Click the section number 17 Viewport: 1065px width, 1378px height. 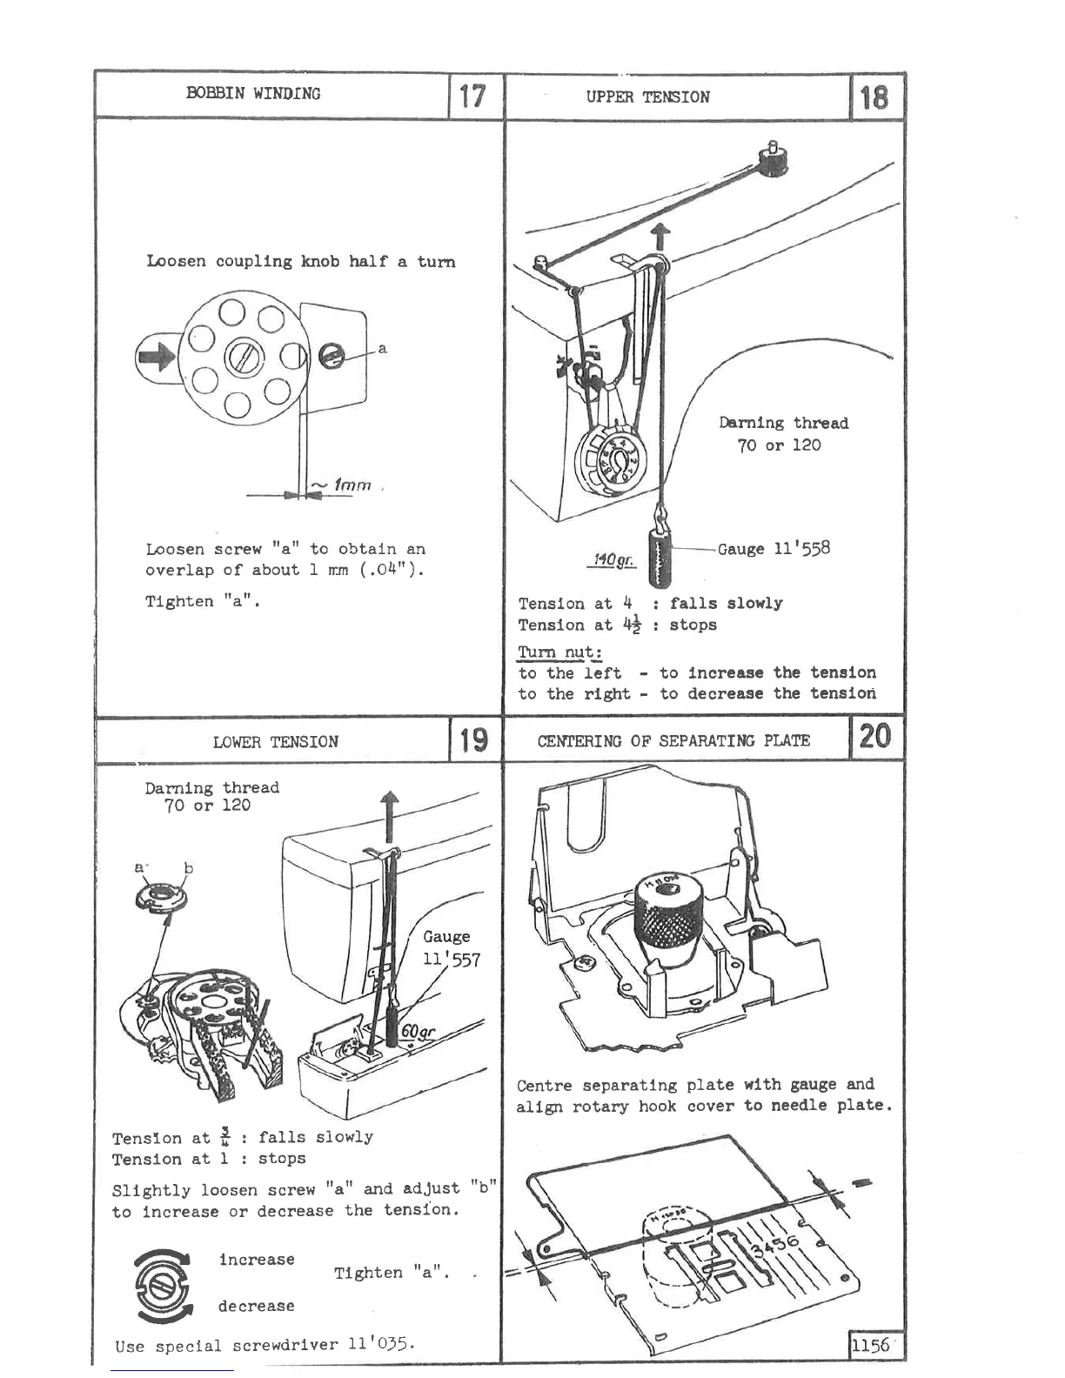tap(472, 95)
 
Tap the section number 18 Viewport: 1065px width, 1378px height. tap(874, 97)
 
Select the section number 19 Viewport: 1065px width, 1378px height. tap(473, 740)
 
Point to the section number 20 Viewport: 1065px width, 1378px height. tap(874, 737)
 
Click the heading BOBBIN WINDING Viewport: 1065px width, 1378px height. tap(253, 94)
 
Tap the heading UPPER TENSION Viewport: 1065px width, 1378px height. tap(647, 97)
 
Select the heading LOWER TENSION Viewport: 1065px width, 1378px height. tap(275, 742)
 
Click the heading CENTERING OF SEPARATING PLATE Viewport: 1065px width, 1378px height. tap(673, 741)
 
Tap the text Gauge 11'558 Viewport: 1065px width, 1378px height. tap(774, 548)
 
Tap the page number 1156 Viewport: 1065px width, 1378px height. tap(871, 1344)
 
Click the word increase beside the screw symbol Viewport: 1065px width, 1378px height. tap(257, 1259)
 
